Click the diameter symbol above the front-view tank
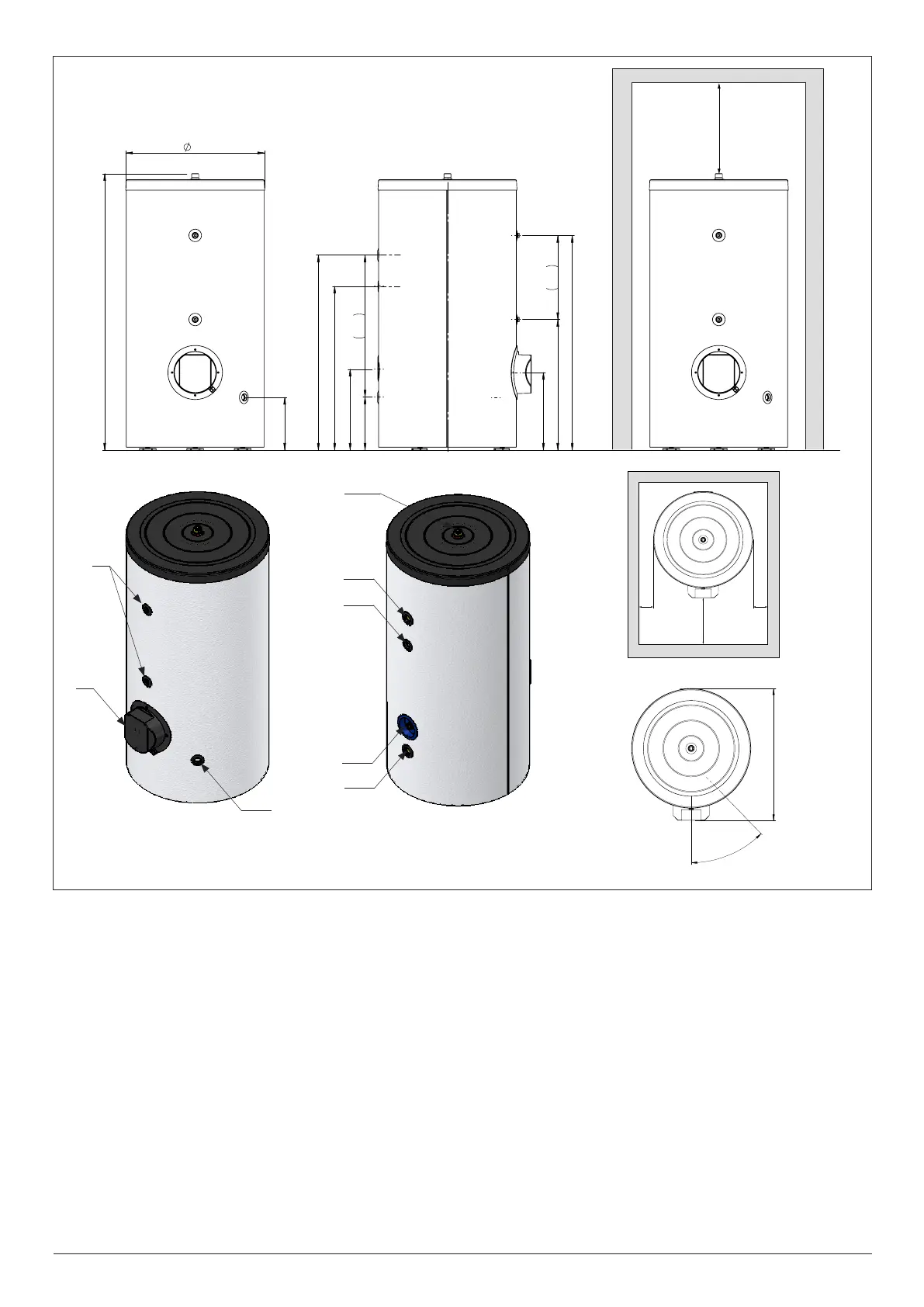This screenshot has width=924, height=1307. pyautogui.click(x=187, y=147)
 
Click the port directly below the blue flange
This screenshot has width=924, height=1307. pyautogui.click(x=407, y=751)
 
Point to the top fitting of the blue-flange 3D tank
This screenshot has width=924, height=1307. pyautogui.click(x=459, y=532)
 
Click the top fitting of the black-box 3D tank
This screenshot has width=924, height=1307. pyautogui.click(x=197, y=531)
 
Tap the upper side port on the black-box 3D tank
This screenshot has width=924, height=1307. pyautogui.click(x=147, y=609)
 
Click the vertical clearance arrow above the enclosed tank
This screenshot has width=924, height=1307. pyautogui.click(x=719, y=128)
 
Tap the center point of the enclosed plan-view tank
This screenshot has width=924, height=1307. pyautogui.click(x=703, y=539)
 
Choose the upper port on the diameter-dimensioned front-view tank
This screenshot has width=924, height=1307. pyautogui.click(x=195, y=235)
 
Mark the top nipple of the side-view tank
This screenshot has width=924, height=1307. pyautogui.click(x=447, y=176)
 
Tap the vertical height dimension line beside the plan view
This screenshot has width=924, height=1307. pyautogui.click(x=774, y=753)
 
